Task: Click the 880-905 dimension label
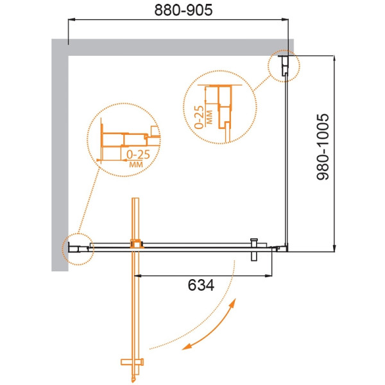[184, 10]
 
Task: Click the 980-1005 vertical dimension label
[323, 146]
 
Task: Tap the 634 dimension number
[201, 286]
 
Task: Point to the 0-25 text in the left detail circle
[138, 155]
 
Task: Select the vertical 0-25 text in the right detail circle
[199, 117]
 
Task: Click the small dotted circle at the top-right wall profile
[284, 66]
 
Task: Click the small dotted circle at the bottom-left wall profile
[78, 249]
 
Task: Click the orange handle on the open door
[132, 362]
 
